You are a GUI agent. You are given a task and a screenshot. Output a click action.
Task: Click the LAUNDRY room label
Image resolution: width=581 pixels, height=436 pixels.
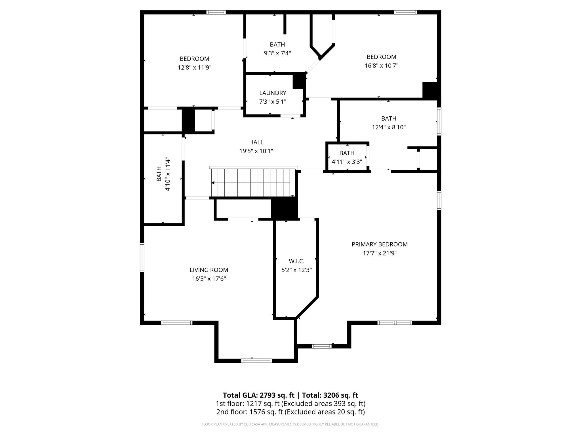point(273,93)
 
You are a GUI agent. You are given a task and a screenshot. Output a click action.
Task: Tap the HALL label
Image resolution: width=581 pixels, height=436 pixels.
point(256,142)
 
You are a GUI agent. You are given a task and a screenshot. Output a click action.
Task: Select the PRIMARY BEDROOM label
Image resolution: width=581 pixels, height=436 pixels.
point(380,244)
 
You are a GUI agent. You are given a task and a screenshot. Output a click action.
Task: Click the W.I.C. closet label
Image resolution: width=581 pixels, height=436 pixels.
point(296,261)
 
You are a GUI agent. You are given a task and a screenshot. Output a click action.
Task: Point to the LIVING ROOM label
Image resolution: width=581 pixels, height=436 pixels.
point(209,270)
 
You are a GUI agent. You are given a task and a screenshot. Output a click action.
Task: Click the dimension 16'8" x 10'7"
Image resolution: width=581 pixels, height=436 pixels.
point(382,66)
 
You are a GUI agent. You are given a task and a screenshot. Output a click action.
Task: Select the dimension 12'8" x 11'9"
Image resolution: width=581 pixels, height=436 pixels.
point(195,68)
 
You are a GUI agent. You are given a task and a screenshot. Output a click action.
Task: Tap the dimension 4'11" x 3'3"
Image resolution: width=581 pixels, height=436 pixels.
point(347,162)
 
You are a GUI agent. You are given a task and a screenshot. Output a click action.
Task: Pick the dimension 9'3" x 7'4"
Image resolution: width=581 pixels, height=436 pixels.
point(277,53)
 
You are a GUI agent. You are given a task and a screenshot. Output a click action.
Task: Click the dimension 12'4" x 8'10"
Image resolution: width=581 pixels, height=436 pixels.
point(389,127)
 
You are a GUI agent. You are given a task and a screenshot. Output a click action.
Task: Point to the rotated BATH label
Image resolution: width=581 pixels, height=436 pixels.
point(159,174)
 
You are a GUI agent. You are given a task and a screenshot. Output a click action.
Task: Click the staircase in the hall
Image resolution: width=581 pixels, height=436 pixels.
point(253,182)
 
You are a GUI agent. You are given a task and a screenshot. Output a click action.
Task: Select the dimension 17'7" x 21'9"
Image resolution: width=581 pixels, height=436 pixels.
point(380,253)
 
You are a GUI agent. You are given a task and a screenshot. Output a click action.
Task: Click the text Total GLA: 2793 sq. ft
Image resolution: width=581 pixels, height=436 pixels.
point(258,395)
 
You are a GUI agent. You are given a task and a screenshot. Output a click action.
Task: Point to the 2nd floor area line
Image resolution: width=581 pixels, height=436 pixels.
point(290,412)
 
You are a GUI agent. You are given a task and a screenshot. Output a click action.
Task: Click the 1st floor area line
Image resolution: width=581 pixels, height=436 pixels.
point(290,404)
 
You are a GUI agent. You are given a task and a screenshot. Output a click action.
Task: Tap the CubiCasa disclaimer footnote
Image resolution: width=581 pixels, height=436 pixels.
point(290,424)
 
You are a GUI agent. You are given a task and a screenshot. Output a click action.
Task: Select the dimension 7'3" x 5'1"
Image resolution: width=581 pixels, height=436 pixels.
point(273,102)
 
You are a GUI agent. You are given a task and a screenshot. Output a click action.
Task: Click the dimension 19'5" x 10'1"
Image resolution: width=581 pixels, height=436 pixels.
point(256,151)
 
